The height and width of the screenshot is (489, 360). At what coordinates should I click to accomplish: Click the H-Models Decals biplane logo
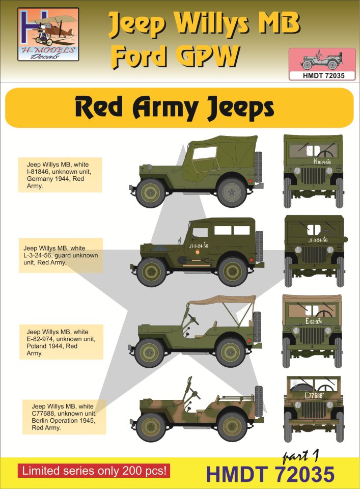click(x=48, y=34)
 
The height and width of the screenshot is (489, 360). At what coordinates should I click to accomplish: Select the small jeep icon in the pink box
click(x=322, y=60)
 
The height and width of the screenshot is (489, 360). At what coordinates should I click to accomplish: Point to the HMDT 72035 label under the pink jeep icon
click(x=322, y=75)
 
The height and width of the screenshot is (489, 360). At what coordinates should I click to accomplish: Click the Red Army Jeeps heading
click(x=175, y=107)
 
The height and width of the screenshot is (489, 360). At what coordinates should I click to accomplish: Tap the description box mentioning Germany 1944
click(x=60, y=175)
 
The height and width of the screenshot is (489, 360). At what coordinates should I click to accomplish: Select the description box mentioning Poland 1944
click(x=61, y=342)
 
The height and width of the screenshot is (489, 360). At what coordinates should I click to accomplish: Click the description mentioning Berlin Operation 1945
click(x=64, y=417)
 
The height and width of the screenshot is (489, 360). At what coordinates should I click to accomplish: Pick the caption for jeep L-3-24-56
click(x=61, y=255)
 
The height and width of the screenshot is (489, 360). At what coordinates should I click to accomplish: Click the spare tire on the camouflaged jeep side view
click(x=259, y=401)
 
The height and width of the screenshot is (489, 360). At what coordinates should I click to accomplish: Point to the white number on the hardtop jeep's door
click(x=199, y=246)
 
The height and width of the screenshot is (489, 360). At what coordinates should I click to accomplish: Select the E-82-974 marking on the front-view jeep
click(x=313, y=321)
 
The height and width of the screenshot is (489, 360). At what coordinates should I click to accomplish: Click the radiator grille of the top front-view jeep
click(x=313, y=176)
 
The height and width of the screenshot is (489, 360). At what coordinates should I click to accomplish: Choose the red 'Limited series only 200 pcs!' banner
click(x=94, y=471)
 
